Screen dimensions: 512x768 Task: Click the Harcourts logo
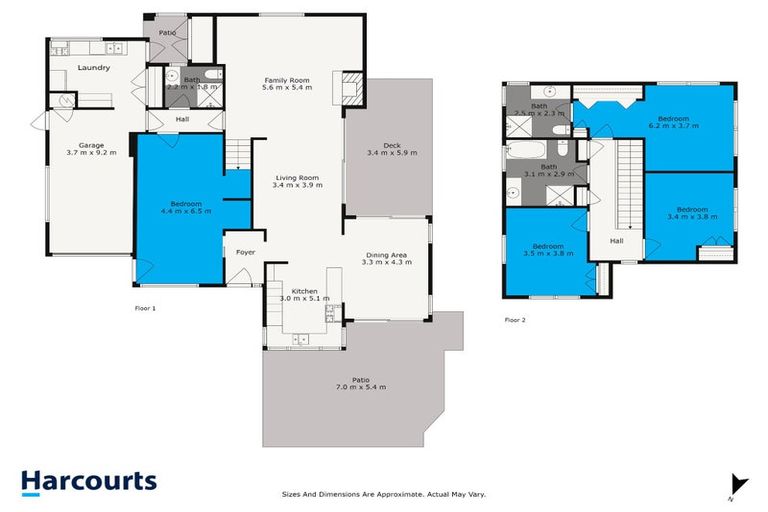click(x=88, y=481)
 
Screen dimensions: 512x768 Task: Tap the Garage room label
click(x=91, y=147)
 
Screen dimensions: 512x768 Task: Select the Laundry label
click(x=92, y=68)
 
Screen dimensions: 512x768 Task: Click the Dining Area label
click(x=384, y=255)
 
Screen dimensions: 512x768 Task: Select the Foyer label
click(x=245, y=252)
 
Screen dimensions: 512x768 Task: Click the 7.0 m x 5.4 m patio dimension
click(x=361, y=386)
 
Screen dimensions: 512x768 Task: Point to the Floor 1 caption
click(x=145, y=309)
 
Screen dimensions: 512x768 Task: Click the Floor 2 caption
click(x=515, y=320)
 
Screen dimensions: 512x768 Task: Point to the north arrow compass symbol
click(x=738, y=483)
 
